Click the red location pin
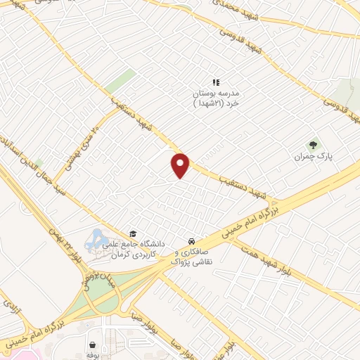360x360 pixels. pos(180,165)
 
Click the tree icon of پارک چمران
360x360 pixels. pos(314,146)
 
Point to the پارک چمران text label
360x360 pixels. pos(314,157)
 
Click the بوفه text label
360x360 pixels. pos(92,356)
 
